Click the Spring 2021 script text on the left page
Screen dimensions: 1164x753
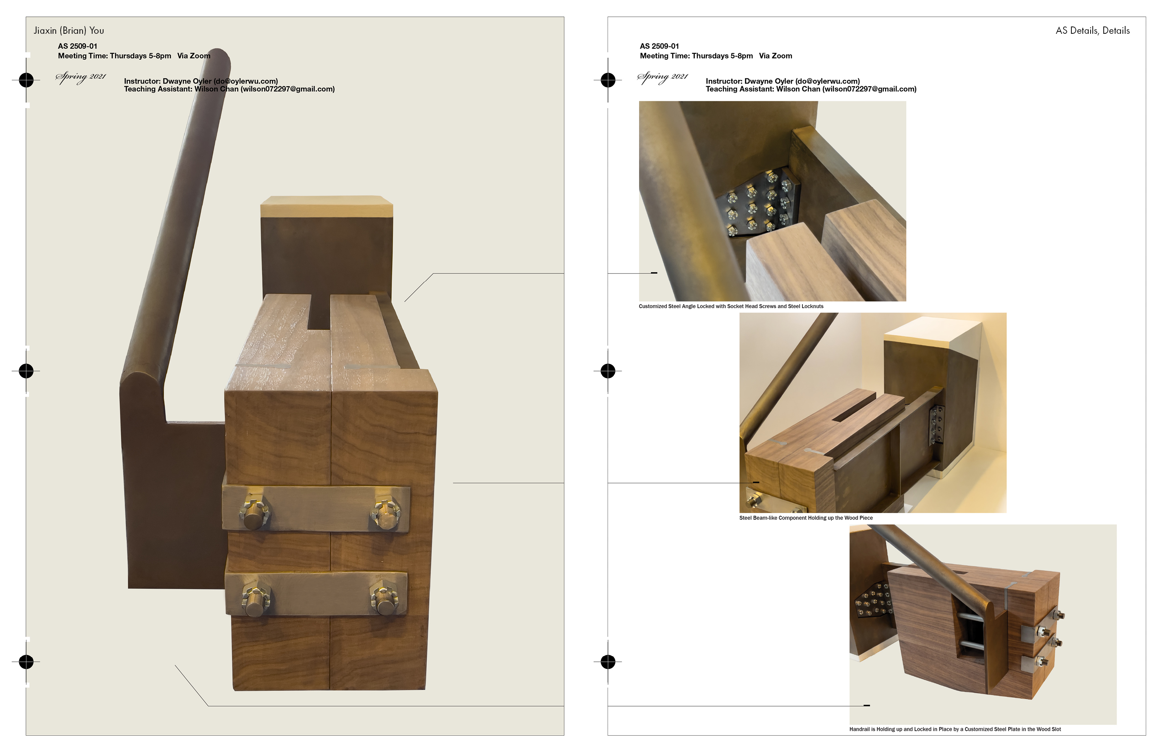coord(81,77)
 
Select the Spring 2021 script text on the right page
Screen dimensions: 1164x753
coord(663,77)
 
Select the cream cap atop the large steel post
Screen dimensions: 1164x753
coord(327,206)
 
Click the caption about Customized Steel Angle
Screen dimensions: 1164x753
coord(731,307)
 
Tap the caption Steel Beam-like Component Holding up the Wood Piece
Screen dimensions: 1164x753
coord(806,518)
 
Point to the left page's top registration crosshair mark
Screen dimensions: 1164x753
coord(26,80)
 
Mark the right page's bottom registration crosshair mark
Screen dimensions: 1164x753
coord(608,662)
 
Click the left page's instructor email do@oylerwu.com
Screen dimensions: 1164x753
coord(246,81)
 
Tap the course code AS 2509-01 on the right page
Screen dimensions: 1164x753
coord(659,47)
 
